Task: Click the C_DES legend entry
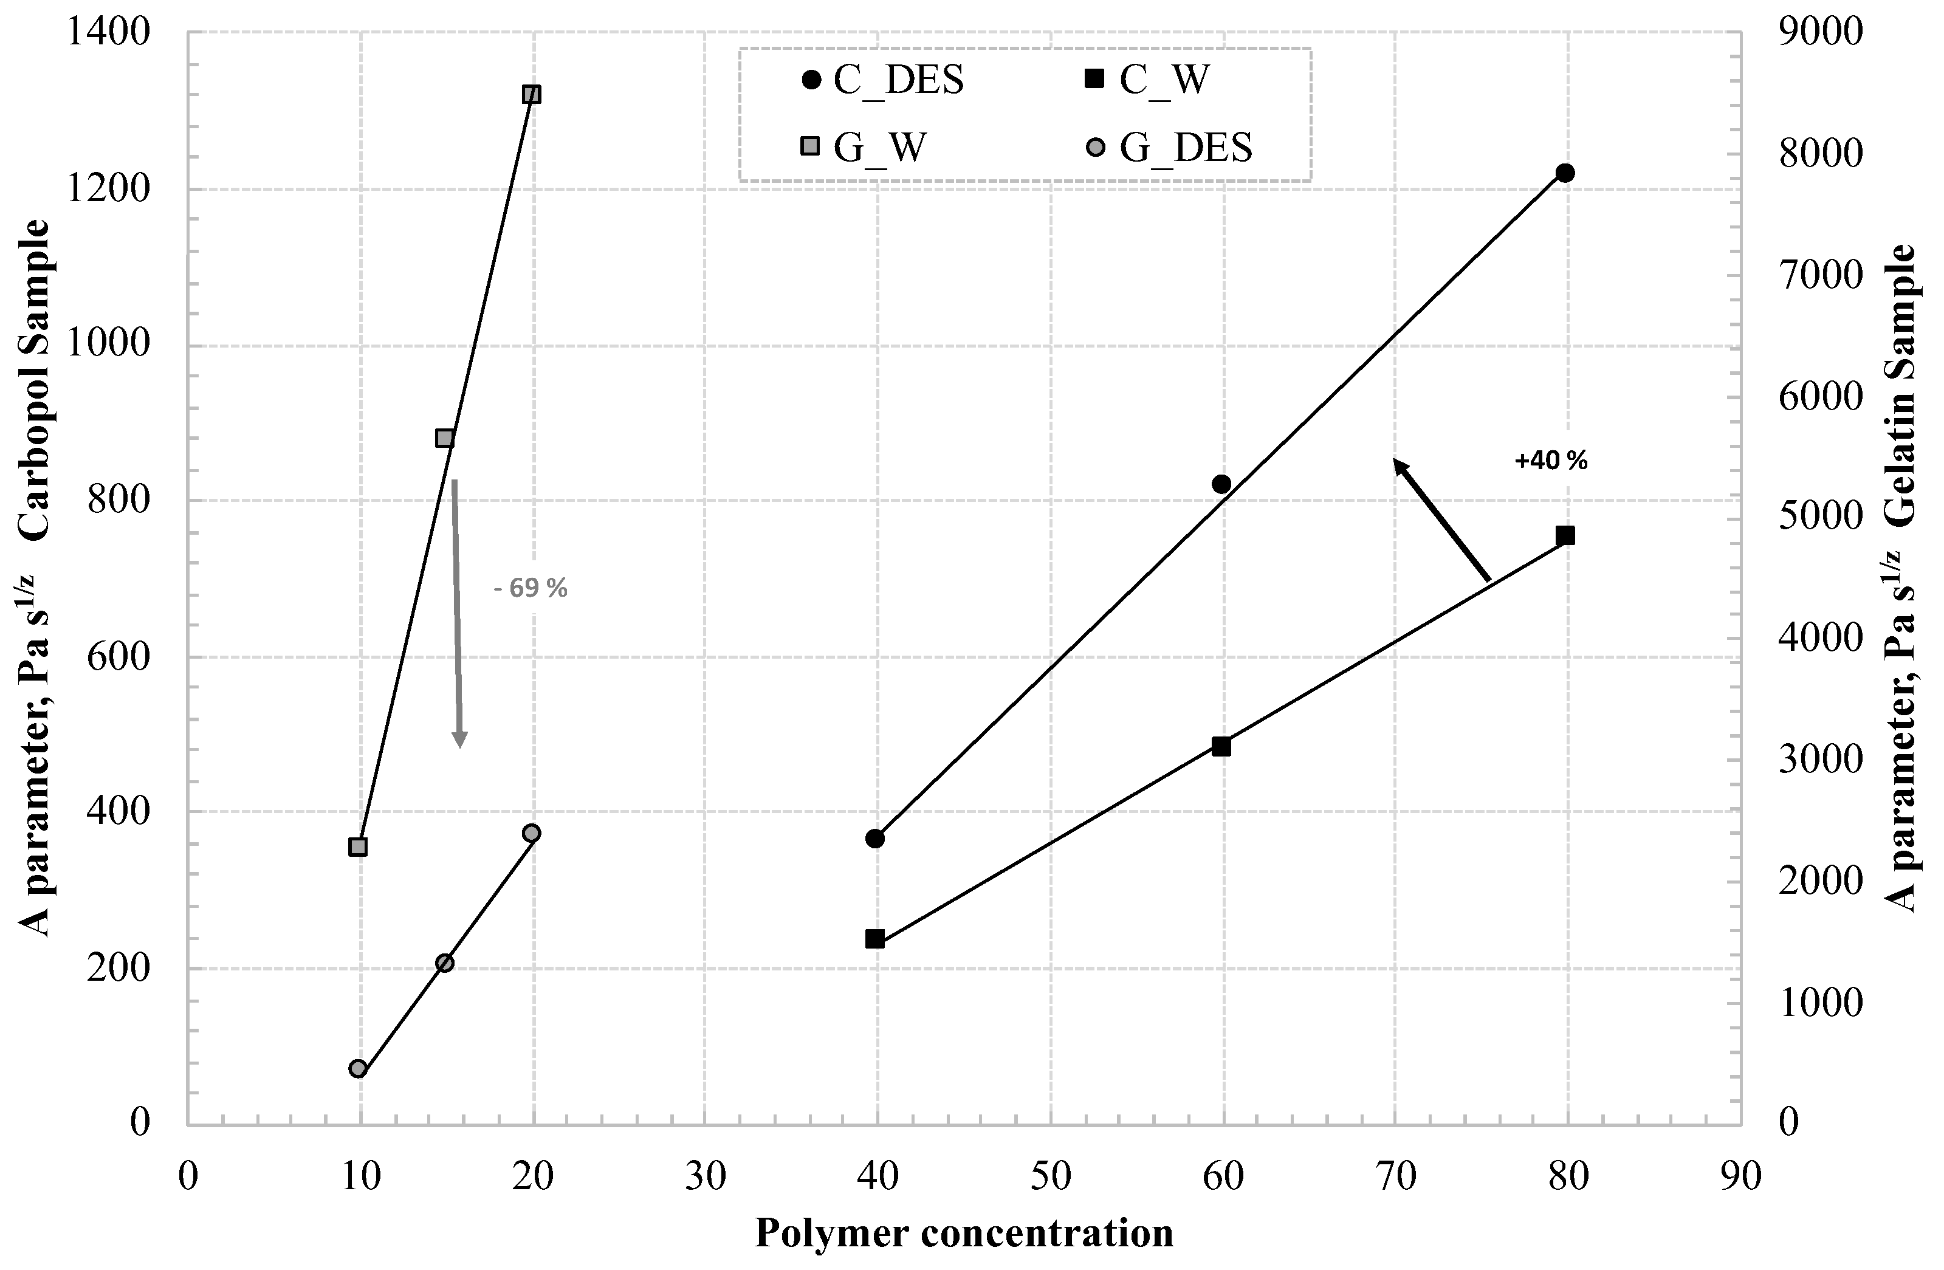coord(882,80)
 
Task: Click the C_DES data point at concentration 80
coord(1565,173)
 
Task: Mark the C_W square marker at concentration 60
coord(1221,746)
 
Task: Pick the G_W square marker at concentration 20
coord(531,94)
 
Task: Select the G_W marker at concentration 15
coord(444,438)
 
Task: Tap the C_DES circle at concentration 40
coord(875,839)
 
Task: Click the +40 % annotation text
coord(1550,461)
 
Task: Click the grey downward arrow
coord(456,613)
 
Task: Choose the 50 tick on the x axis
coord(1051,1176)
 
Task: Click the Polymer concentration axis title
coord(964,1234)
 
